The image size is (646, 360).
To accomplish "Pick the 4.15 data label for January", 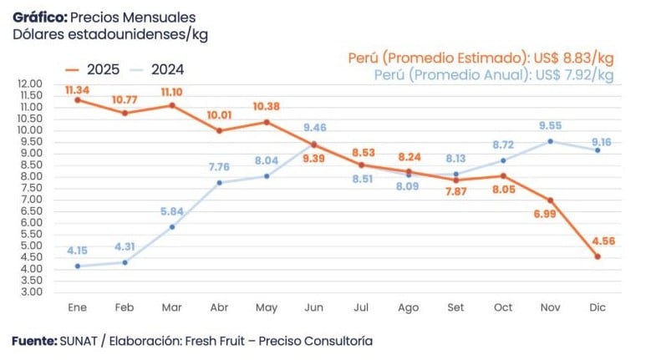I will click(x=78, y=250).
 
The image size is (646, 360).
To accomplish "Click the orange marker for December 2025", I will click(x=598, y=256).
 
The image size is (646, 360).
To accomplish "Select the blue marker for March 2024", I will click(x=172, y=226).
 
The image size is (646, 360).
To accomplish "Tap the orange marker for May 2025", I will click(x=267, y=122).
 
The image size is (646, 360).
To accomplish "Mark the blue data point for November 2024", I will click(x=550, y=141).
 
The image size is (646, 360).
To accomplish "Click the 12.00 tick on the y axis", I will click(x=28, y=84).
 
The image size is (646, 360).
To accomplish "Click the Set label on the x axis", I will click(x=456, y=307).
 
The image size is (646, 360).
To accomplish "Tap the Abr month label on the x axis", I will click(x=220, y=307).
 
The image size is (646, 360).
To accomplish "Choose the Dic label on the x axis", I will click(x=598, y=307).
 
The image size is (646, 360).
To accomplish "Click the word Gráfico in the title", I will click(x=39, y=17).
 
